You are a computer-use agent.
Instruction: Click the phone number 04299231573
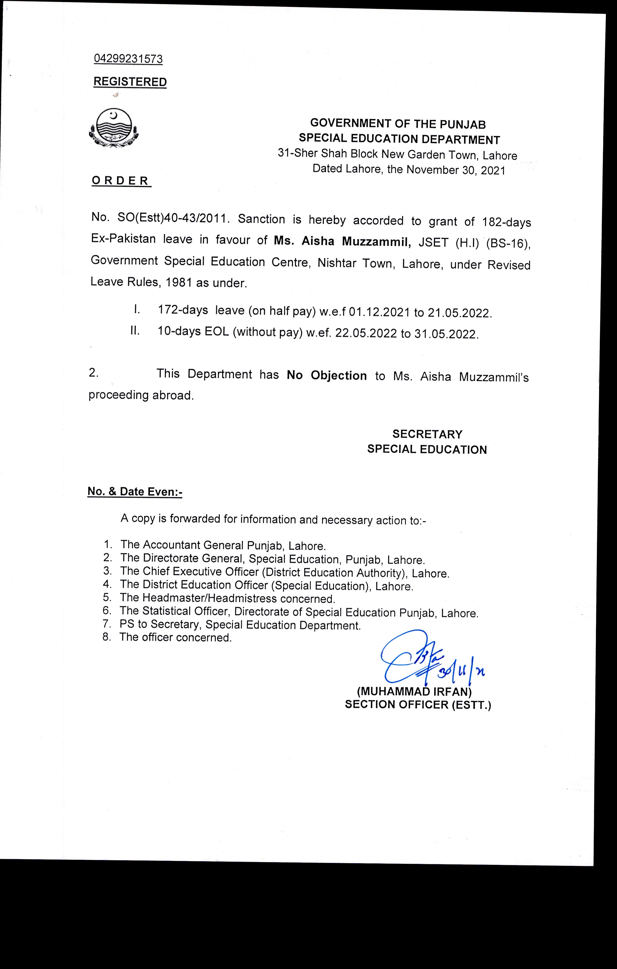click(x=128, y=59)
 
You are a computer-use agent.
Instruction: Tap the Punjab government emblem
click(x=114, y=129)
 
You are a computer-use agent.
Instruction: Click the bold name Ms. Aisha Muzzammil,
click(x=342, y=241)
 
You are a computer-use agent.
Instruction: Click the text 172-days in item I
click(x=183, y=310)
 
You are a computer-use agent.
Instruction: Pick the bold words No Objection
click(x=327, y=376)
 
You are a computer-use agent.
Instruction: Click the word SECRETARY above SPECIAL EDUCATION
click(x=427, y=434)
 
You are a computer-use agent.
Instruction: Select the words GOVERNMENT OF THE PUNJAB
click(x=398, y=124)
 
